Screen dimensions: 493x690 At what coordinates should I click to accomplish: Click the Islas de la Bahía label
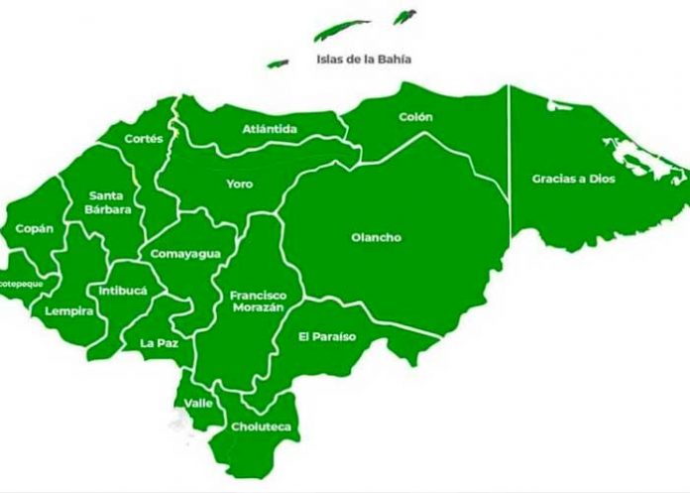coord(363,59)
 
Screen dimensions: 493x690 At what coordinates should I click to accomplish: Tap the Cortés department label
coord(144,139)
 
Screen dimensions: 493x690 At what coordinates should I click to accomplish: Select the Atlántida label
coord(270,129)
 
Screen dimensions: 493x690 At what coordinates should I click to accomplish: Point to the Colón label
coord(415,117)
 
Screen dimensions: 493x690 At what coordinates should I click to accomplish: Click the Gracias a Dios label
coord(573,179)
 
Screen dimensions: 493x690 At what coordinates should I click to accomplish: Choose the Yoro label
coord(239,184)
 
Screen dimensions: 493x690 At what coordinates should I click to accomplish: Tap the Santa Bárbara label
coord(105,201)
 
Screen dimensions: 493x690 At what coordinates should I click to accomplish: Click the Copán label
coord(35,228)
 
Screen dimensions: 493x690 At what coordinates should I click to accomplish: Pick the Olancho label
coord(376,237)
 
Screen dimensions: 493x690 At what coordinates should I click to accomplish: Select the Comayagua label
coord(184,254)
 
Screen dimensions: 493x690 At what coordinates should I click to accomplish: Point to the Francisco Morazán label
coord(258,302)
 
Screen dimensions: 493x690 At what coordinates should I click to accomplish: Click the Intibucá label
coord(123,291)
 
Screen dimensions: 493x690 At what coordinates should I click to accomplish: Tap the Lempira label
coord(69,310)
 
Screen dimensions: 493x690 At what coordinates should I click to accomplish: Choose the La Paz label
coord(159,344)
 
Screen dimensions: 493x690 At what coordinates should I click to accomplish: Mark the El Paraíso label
coord(326,336)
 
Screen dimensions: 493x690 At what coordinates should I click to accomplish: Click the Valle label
coord(198,403)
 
